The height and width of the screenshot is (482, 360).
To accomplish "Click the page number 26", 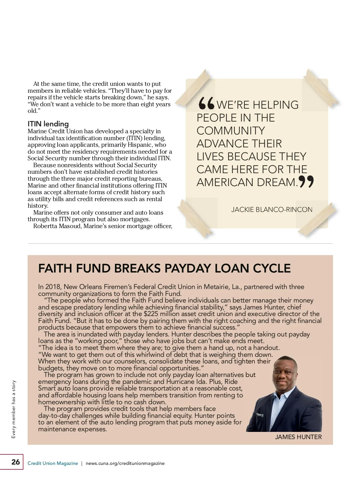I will pos(16,462).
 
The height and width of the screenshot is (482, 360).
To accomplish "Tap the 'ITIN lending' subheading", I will pos(48,124).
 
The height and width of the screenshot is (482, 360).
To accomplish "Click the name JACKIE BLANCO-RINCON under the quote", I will pos(271,209).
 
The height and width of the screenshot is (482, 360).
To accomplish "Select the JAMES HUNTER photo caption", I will pos(298,437).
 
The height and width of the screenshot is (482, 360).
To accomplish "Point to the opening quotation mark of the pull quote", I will pos(206,104).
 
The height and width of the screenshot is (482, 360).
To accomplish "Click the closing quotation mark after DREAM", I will pos(306,182).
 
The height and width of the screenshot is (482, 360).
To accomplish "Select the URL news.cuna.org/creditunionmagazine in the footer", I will pos(125,463).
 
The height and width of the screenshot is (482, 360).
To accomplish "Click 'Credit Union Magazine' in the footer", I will pos(52,463).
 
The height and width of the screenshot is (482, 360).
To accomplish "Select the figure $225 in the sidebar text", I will pos(152,314).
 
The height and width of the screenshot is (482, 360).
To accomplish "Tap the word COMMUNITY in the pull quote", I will pos(231,131).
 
